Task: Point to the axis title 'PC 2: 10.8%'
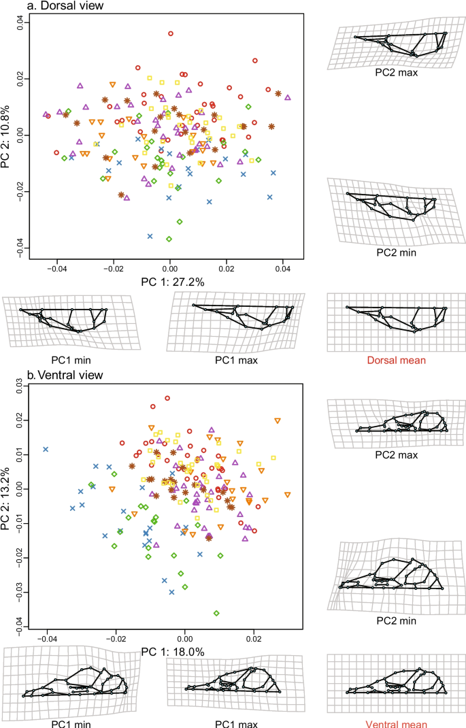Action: (x=7, y=134)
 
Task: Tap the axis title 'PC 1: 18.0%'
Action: (x=173, y=652)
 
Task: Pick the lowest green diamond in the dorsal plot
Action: (x=169, y=239)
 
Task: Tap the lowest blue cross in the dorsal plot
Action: (x=150, y=237)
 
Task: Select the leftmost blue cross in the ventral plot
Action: (x=46, y=449)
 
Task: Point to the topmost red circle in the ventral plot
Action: (x=167, y=399)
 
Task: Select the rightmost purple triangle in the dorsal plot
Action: (x=288, y=97)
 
